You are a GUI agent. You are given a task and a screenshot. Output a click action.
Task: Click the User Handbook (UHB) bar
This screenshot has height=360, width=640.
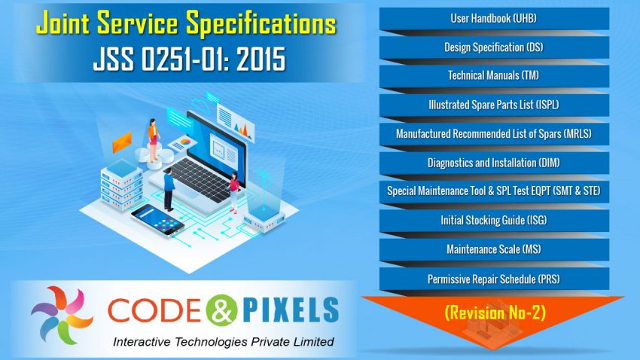[493, 18]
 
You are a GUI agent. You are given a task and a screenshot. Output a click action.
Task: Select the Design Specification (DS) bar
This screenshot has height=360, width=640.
[493, 47]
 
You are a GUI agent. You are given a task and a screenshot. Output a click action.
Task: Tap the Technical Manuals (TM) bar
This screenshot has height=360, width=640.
[493, 75]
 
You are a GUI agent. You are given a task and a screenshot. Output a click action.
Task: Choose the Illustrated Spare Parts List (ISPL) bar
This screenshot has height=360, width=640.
[493, 105]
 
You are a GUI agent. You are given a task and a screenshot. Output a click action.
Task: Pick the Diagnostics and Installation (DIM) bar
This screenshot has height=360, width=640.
[493, 163]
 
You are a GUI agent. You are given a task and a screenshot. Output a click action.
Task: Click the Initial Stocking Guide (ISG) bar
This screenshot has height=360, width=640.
[493, 221]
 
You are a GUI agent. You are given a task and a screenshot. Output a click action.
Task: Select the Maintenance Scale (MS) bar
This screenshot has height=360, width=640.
[493, 249]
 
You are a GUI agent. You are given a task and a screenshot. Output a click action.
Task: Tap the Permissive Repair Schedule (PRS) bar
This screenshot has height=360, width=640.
[493, 279]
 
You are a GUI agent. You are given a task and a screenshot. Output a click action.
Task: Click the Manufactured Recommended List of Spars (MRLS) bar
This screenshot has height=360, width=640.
[493, 133]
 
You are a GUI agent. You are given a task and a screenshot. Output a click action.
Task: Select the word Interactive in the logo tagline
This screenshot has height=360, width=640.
[143, 342]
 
